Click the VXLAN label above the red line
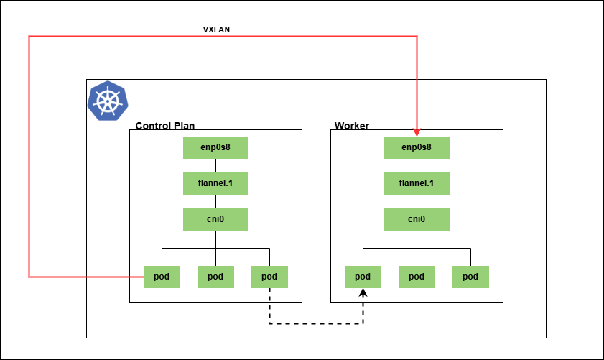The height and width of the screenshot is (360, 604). (216, 29)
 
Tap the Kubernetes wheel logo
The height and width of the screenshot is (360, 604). (108, 101)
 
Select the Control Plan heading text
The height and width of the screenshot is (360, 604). (165, 126)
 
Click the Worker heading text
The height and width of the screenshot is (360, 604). (352, 126)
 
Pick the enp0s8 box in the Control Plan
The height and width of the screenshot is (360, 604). (215, 147)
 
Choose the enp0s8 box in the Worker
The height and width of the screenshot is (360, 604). (417, 147)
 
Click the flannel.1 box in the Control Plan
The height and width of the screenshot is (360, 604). (215, 183)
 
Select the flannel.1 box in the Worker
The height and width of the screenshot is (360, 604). (417, 183)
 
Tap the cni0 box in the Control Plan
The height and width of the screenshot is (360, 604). (215, 220)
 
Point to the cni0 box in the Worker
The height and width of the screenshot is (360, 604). (417, 220)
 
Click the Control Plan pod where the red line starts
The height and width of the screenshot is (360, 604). (162, 277)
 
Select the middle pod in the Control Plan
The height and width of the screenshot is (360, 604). (215, 277)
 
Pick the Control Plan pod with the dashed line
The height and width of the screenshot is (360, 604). (269, 277)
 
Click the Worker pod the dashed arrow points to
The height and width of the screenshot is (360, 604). (363, 277)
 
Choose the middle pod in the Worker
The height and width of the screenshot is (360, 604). (417, 277)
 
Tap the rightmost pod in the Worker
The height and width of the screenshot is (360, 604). (470, 277)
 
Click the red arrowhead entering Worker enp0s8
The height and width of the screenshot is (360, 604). (417, 132)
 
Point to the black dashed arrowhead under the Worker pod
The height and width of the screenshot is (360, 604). (363, 293)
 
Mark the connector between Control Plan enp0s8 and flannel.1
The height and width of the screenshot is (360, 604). (215, 166)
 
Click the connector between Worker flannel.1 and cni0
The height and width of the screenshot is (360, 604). (417, 202)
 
